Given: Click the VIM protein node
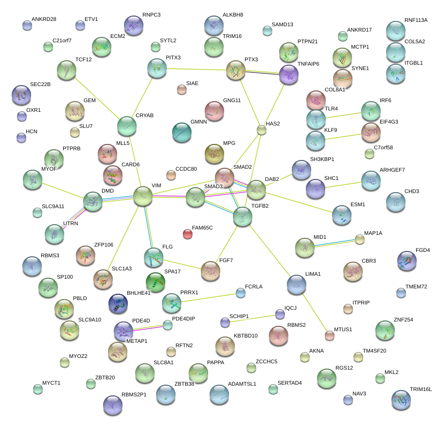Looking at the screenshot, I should pos(143,196).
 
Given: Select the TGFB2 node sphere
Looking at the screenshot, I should pos(242,216).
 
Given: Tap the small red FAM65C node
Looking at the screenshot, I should pos(187,234).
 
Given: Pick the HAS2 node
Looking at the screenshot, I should pos(262,130).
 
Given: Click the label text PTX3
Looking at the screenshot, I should pos(251,60).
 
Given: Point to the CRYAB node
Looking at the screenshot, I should pos(127,126).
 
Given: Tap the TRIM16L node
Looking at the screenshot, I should pos(401,399).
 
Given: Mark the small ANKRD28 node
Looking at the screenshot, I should pos(27,25).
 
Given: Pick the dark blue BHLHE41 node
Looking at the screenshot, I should pos(118,303).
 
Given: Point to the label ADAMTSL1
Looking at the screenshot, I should pos(242,384).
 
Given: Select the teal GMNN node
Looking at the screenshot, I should pos(182,132).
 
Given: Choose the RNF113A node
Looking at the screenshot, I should pos(395,31).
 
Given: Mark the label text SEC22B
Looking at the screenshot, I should pos(40,84).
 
